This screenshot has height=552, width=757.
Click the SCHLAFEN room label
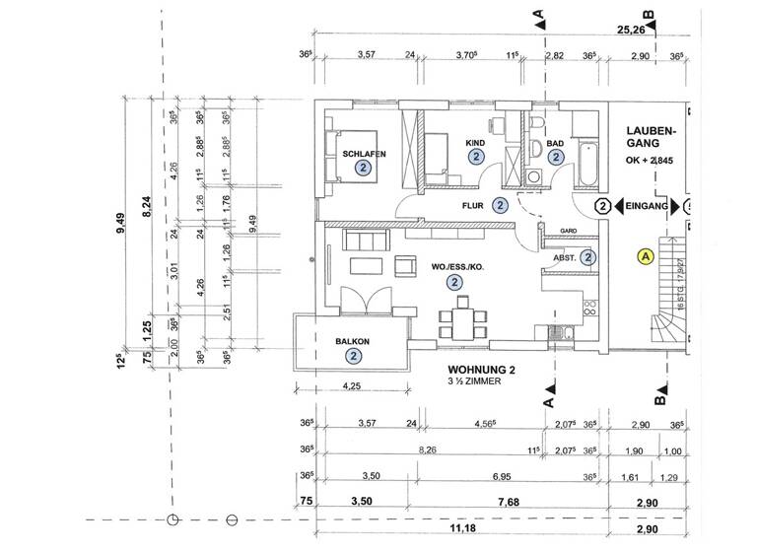coord(364,154)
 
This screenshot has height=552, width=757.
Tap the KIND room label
coord(476,143)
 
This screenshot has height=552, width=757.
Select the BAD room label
coord(556,143)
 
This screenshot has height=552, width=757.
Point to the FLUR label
coord(477,207)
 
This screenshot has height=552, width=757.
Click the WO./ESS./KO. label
coord(454,267)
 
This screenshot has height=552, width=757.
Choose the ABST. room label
coord(566,258)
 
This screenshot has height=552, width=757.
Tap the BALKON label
coord(352,341)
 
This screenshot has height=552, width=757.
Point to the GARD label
coord(568,231)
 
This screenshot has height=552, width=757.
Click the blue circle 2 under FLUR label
coord(500,206)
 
